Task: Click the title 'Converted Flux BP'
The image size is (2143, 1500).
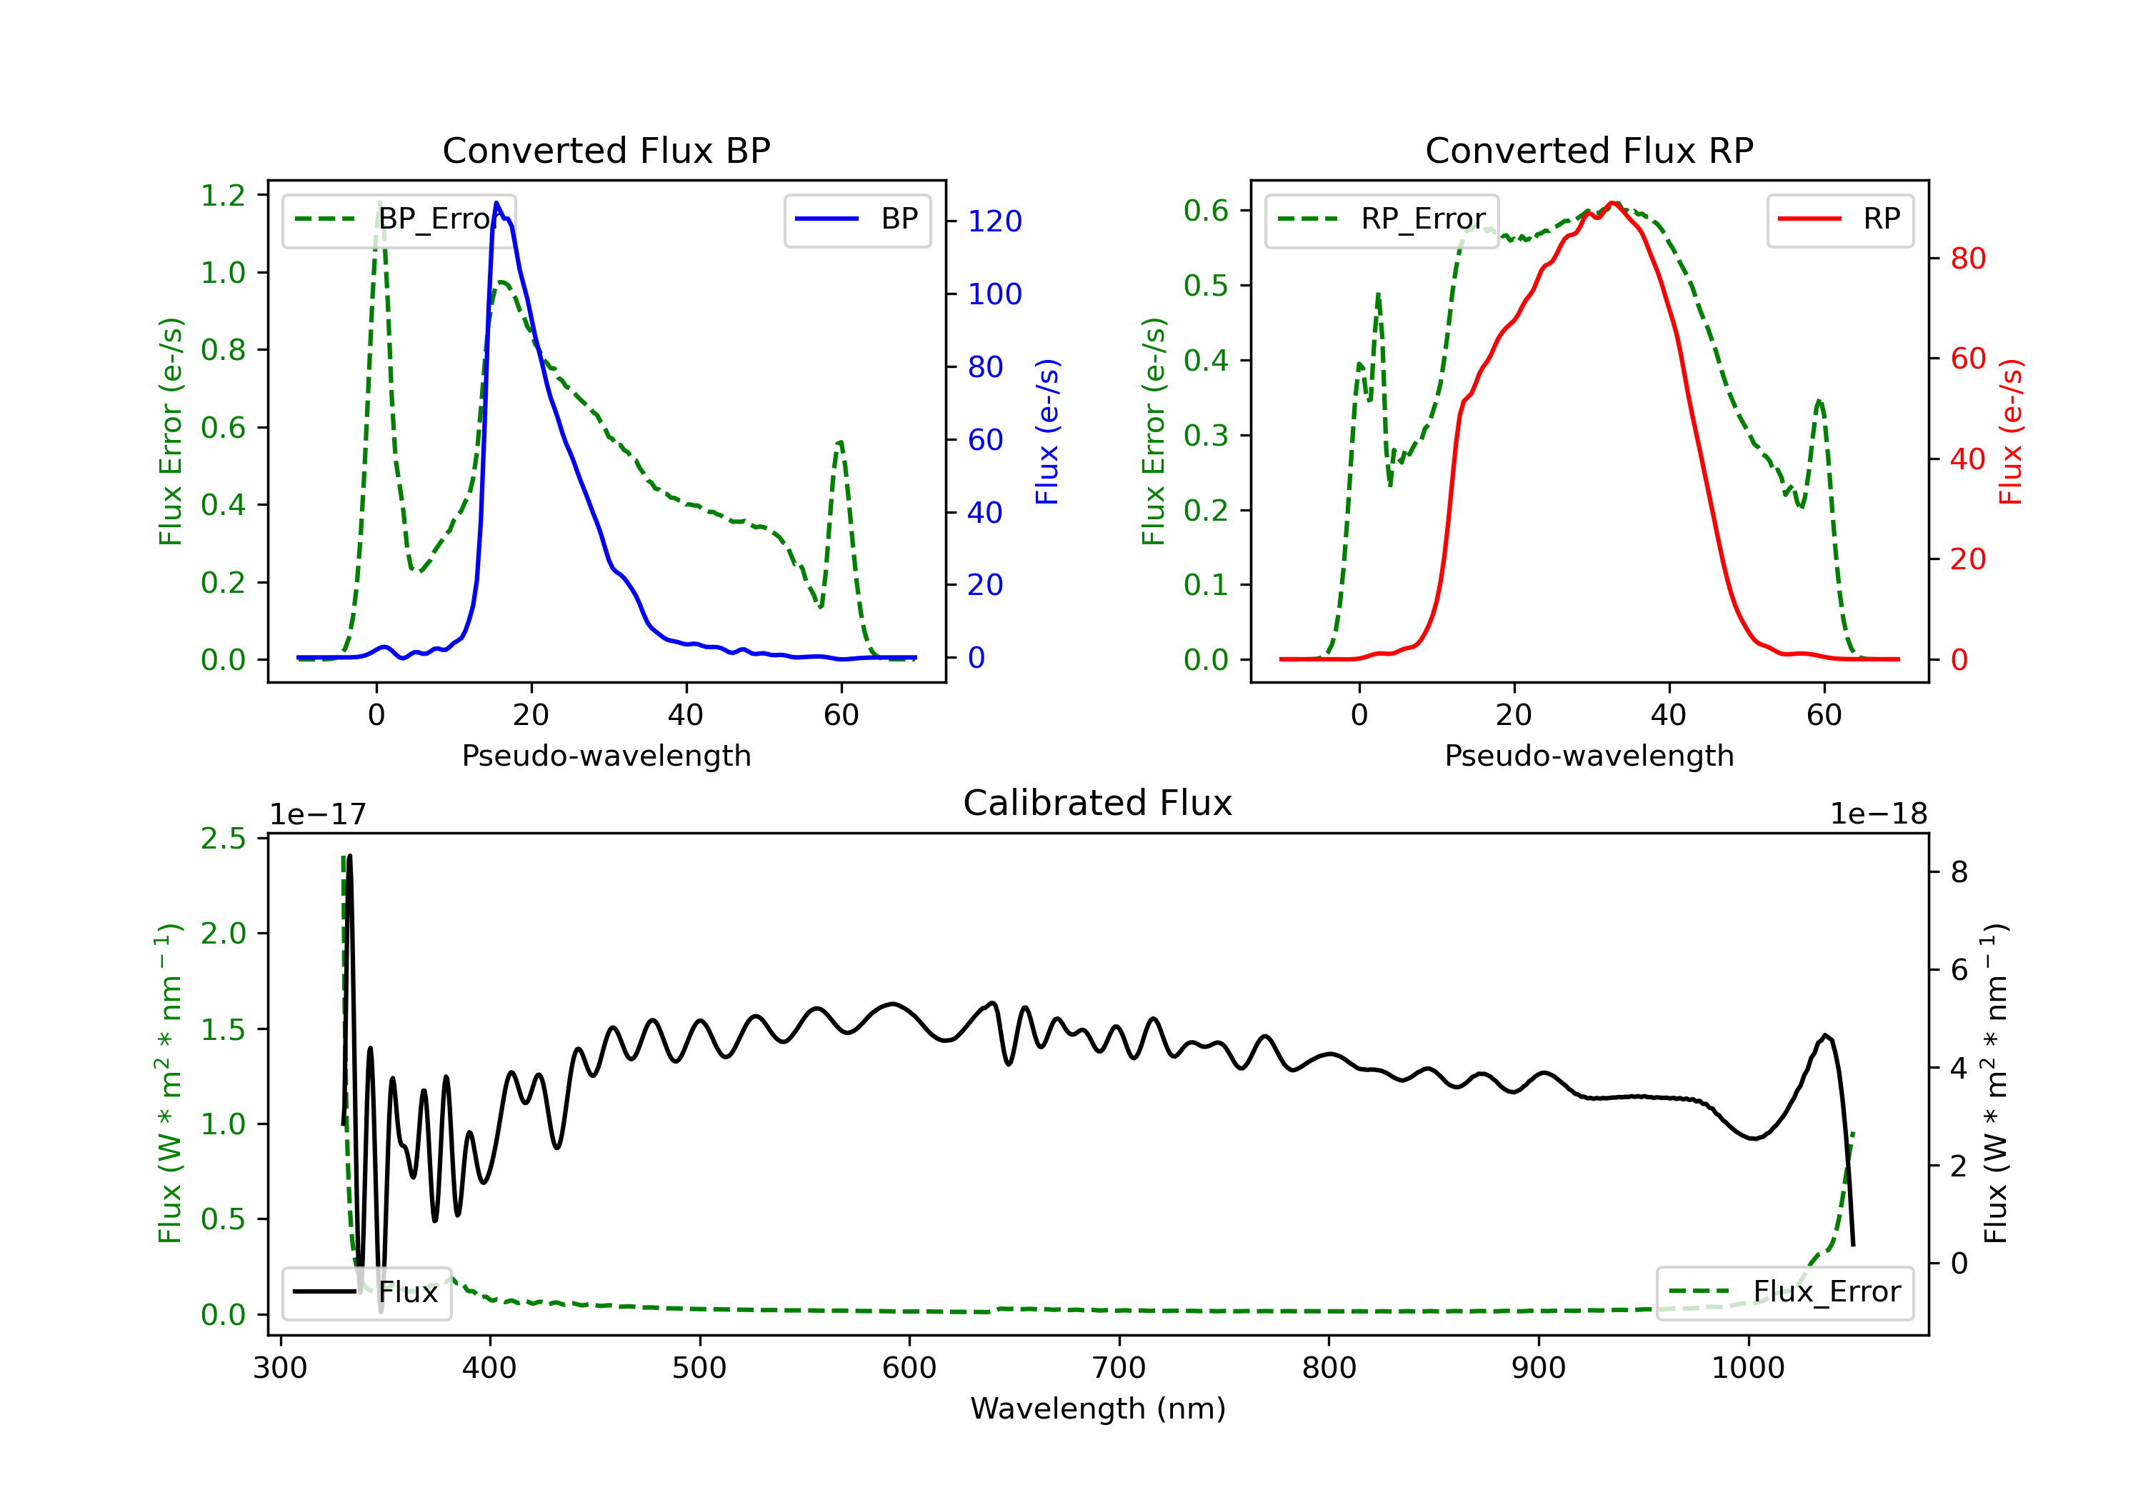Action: click(606, 150)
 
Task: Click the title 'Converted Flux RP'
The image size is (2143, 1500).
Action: click(1589, 150)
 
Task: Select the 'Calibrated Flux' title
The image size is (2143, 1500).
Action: click(1098, 803)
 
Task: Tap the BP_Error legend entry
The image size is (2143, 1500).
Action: click(399, 219)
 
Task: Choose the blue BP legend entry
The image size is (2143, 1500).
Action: click(856, 219)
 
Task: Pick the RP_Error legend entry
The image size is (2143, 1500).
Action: click(1382, 219)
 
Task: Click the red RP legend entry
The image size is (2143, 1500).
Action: click(1839, 219)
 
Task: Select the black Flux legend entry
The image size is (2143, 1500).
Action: click(366, 1293)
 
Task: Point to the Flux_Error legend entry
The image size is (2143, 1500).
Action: click(1784, 1293)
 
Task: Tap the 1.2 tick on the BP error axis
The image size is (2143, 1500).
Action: click(223, 195)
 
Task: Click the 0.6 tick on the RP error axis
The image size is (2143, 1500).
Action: click(1206, 210)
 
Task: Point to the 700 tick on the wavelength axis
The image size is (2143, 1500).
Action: click(1119, 1369)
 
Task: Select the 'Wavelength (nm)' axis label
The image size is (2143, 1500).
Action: click(1099, 1409)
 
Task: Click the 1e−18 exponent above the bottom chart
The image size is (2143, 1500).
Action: click(1879, 814)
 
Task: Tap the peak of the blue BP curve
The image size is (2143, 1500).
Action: click(496, 203)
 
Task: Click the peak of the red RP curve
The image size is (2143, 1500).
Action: click(1614, 203)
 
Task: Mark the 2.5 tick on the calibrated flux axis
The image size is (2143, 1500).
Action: click(223, 838)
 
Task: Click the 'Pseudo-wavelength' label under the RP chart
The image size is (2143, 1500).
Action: click(1589, 756)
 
